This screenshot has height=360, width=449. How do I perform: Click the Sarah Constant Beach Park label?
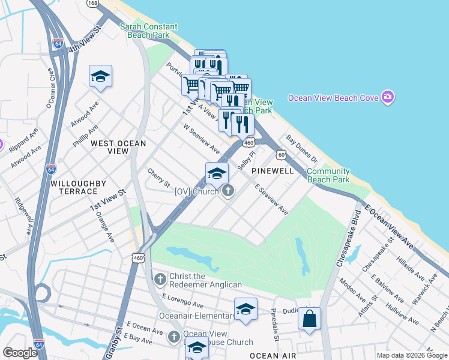(148, 31)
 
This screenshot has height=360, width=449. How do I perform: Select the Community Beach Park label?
(328, 175)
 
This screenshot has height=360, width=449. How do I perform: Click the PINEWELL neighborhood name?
(273, 171)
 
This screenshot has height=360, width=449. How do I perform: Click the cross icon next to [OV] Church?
(228, 191)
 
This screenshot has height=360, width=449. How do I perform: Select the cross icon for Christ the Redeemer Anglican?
(160, 279)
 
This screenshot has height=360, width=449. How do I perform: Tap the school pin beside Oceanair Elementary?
(246, 309)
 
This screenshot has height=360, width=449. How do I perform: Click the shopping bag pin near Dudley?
(309, 319)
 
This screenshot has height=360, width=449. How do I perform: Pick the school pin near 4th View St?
(100, 76)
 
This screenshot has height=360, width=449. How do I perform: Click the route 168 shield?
(92, 4)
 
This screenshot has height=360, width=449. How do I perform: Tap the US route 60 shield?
(281, 155)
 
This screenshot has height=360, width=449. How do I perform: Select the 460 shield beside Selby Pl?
(249, 142)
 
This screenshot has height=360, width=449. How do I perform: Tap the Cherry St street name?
(159, 177)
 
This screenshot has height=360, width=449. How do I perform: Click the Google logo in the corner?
(20, 353)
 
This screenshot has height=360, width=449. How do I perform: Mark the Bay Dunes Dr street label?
(301, 149)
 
